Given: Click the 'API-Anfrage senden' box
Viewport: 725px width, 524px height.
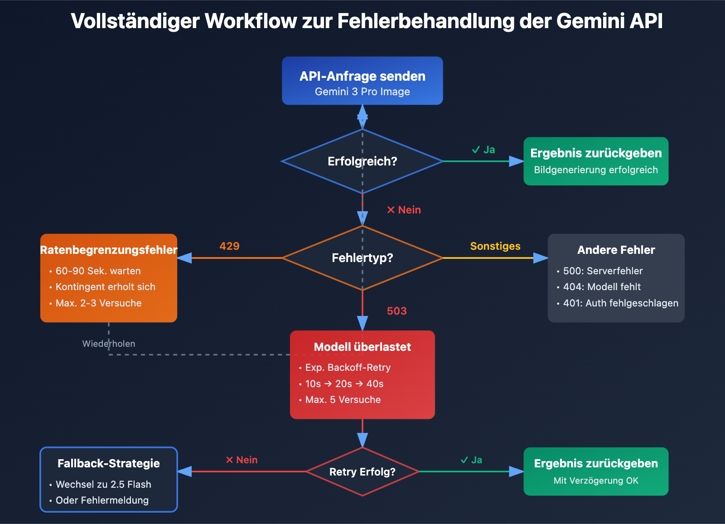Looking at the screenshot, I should (x=362, y=81).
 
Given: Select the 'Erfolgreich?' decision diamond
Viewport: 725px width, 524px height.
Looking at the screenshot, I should (x=362, y=161).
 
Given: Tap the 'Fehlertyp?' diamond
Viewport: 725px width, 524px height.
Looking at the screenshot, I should (x=362, y=258).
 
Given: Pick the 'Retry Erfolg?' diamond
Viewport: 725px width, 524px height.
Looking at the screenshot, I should (x=362, y=472).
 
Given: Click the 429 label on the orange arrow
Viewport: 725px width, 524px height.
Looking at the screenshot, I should (x=229, y=246).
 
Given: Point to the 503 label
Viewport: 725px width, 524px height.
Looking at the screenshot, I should (x=396, y=311).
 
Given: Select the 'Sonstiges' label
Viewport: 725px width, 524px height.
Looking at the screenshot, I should (x=495, y=246).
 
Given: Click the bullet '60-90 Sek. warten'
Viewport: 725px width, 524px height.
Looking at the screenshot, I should (x=98, y=271).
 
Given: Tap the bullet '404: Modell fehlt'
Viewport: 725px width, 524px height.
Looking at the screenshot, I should (x=602, y=287).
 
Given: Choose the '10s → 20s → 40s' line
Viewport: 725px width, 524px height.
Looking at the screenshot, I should (x=344, y=384).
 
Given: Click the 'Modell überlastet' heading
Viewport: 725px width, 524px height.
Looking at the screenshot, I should (x=362, y=347).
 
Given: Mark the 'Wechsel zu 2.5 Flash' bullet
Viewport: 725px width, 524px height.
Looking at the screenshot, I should (x=103, y=485).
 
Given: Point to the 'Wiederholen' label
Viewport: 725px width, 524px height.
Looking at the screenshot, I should (x=109, y=344).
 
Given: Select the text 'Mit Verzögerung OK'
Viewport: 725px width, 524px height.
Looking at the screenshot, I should (x=596, y=481).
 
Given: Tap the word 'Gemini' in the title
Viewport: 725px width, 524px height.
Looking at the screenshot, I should (x=587, y=21).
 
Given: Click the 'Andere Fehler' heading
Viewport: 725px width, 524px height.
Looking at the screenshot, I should (x=616, y=250).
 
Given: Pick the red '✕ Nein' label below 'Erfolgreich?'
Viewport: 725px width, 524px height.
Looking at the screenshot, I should (x=404, y=210).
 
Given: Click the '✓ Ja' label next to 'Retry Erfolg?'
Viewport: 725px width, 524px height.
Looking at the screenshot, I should (x=471, y=460).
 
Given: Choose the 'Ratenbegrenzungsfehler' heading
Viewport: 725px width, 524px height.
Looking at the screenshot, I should (x=109, y=250).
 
